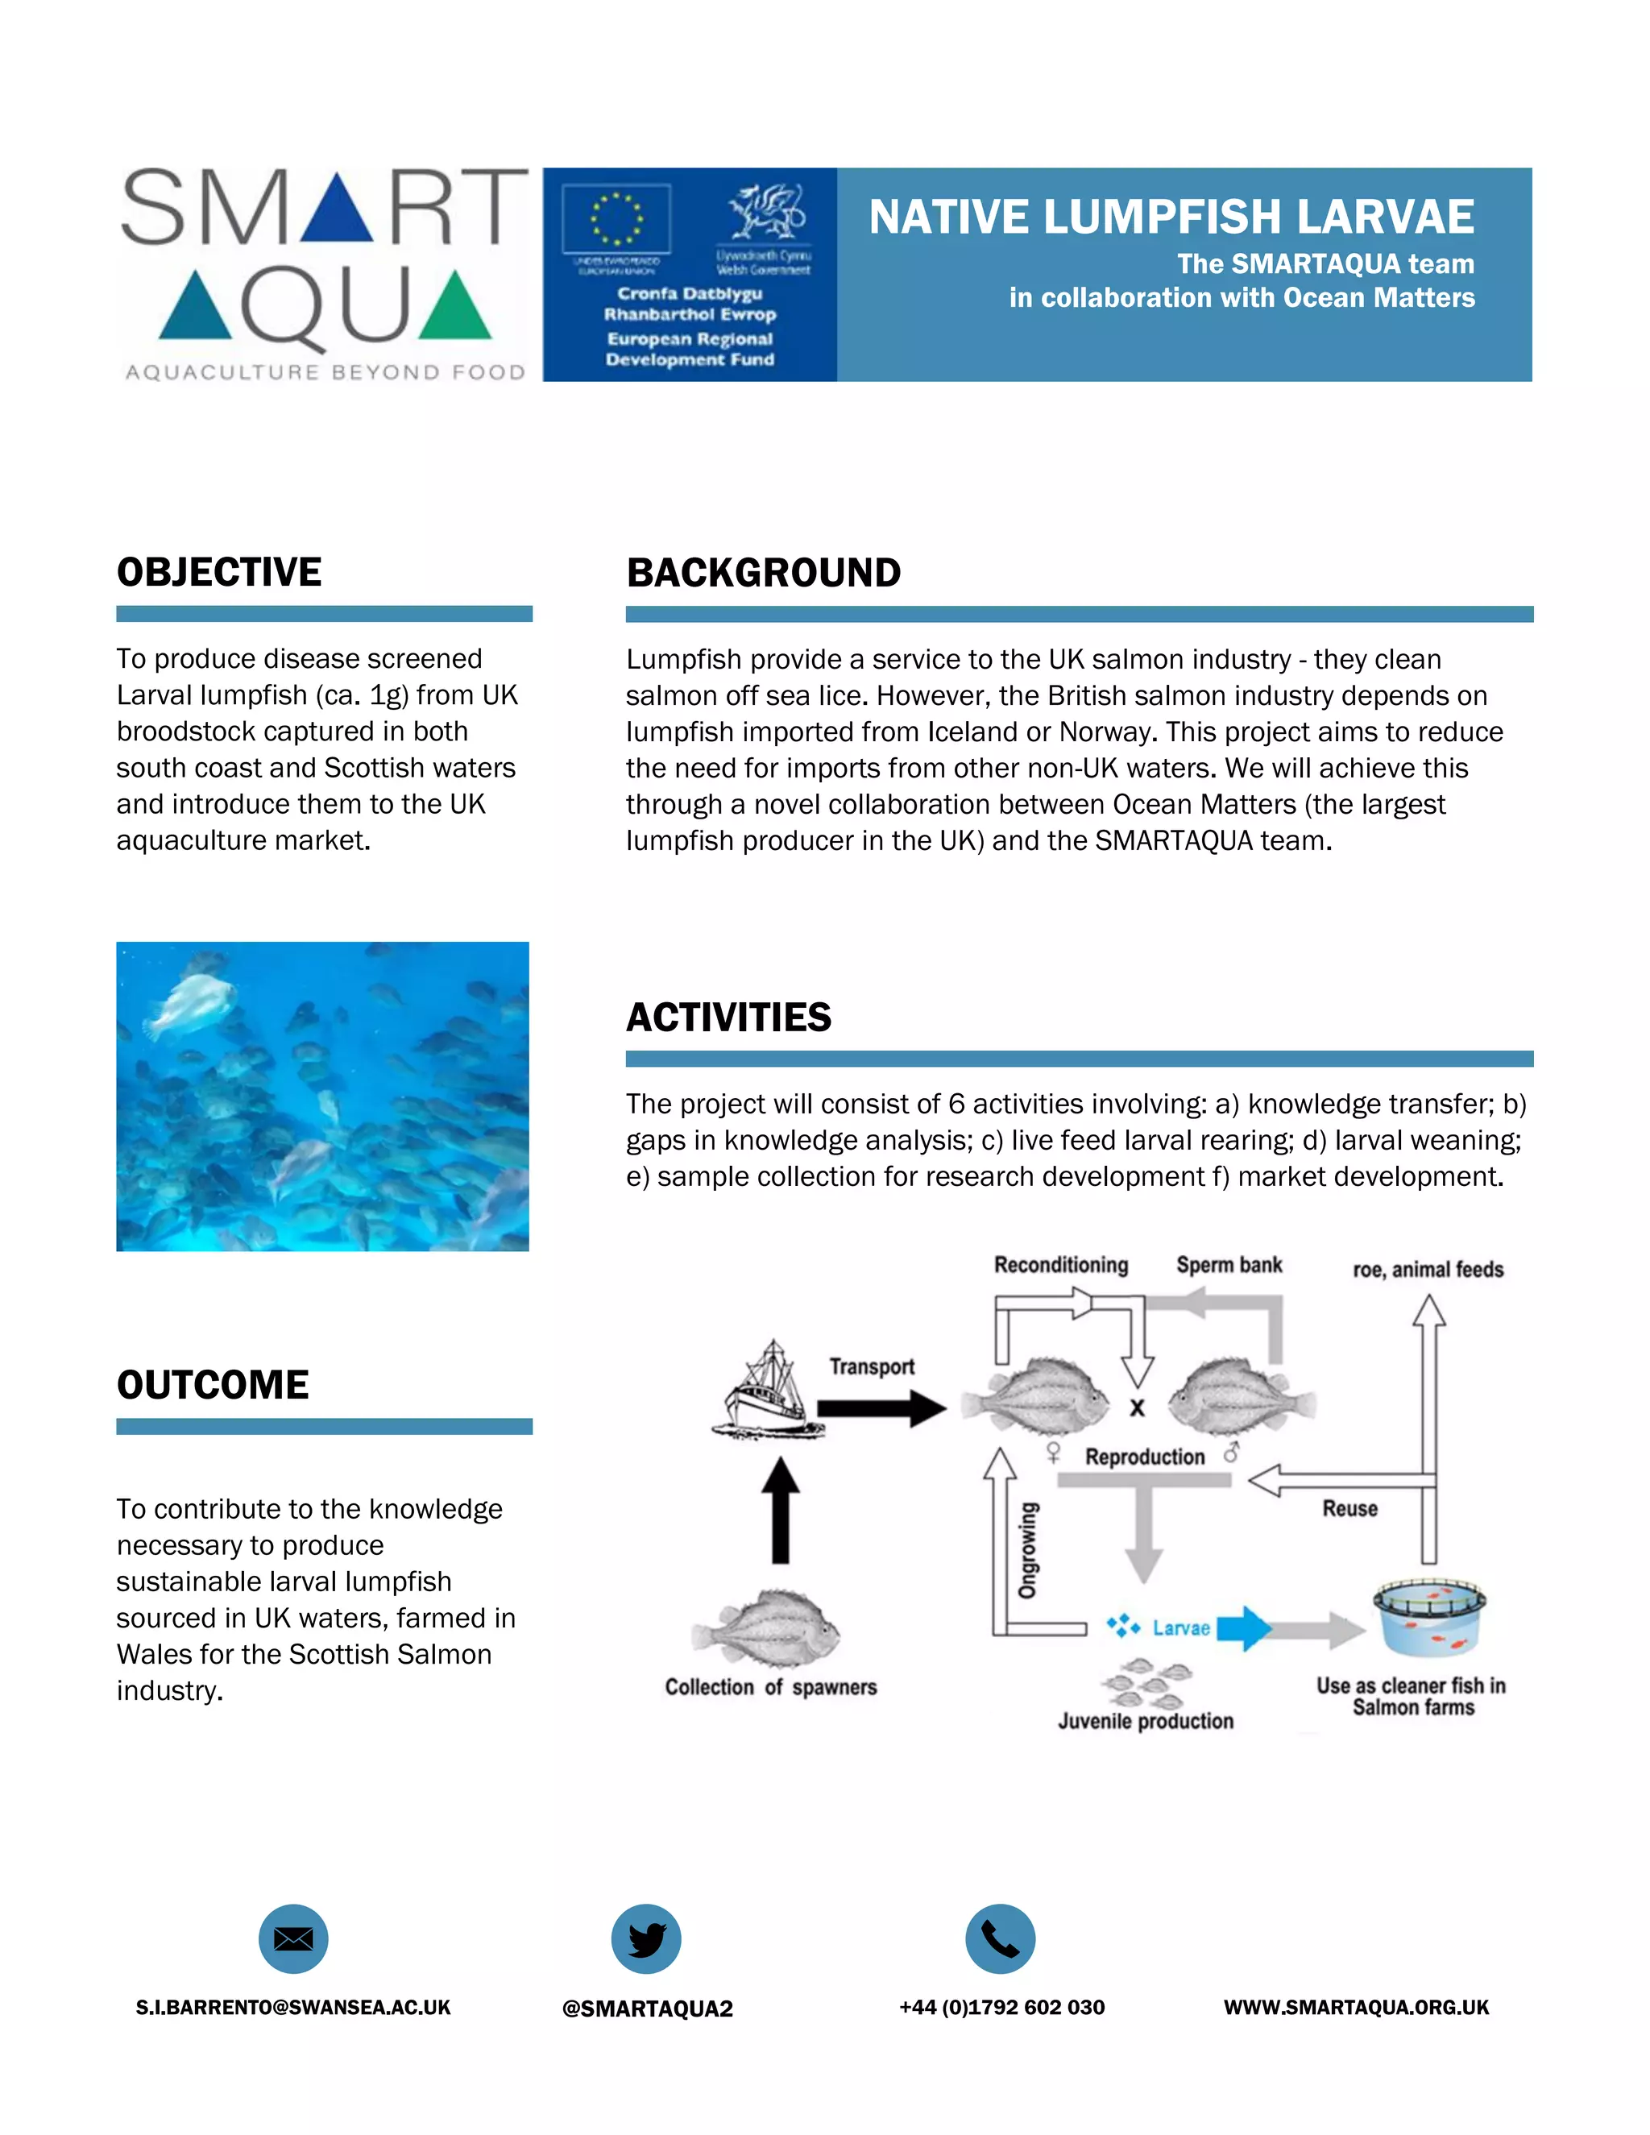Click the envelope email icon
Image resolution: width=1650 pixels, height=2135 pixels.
point(293,1938)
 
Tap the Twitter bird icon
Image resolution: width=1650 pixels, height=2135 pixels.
point(646,1938)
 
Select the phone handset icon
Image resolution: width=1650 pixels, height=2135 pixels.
point(1000,1938)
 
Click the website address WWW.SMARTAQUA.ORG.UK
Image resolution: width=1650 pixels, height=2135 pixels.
point(1356,2007)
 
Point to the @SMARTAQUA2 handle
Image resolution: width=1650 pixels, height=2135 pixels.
point(647,2008)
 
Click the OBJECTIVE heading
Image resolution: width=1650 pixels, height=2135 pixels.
point(219,572)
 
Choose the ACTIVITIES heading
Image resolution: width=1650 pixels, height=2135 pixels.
point(728,1017)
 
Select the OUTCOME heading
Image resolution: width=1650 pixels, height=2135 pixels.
point(213,1384)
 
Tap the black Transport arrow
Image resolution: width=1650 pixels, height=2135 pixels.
point(881,1408)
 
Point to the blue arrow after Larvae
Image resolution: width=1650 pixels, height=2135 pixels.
point(1244,1627)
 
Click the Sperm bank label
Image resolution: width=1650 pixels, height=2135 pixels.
point(1229,1265)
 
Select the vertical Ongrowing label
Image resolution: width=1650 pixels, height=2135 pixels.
point(1026,1552)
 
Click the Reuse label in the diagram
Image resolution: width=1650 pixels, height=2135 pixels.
point(1350,1508)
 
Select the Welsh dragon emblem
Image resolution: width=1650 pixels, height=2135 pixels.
point(765,211)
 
